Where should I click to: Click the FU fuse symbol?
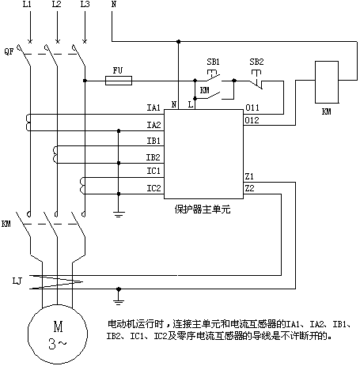pos(119,81)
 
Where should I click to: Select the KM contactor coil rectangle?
pos(327,82)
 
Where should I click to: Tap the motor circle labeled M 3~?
pos(58,334)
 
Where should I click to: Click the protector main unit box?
pos(203,154)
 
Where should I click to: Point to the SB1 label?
pos(213,62)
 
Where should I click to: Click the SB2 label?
pos(256,62)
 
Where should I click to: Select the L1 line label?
pos(27,4)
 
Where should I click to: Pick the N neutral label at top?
pos(114,4)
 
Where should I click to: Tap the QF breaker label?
pos(9,51)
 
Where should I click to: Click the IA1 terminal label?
pos(153,108)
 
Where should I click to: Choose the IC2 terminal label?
pos(153,188)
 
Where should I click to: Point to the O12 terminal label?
pos(252,120)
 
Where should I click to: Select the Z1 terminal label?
pos(249,176)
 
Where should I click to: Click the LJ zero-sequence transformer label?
pos(17,281)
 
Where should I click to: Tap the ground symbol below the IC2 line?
pos(119,214)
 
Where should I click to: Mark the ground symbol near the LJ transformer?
pos(119,302)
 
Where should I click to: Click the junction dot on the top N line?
pos(179,41)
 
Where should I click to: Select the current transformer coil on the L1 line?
pos(28,123)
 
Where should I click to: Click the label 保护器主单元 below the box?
pos(203,209)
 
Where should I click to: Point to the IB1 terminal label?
pos(153,141)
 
